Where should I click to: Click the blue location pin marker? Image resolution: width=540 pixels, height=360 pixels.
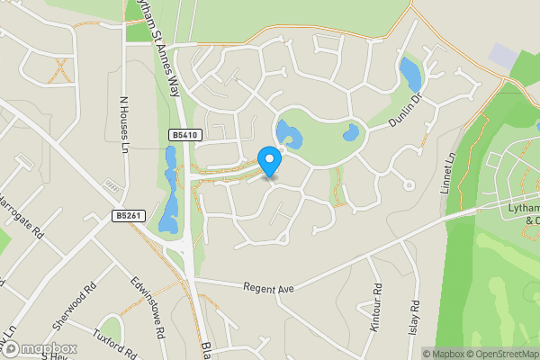(x=269, y=161)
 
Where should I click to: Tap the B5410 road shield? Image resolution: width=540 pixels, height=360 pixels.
(x=184, y=135)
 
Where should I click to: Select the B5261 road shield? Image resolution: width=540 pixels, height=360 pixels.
(x=128, y=215)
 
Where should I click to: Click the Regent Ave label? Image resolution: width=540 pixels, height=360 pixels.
(x=268, y=287)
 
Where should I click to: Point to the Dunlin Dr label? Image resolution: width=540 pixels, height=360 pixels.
(x=405, y=111)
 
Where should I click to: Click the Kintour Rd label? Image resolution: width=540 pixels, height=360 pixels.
(x=376, y=306)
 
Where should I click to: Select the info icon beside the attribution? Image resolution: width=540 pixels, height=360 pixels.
(x=416, y=354)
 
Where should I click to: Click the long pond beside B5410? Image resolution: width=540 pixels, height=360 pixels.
(x=169, y=189)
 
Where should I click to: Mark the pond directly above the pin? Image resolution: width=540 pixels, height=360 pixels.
(x=288, y=134)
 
